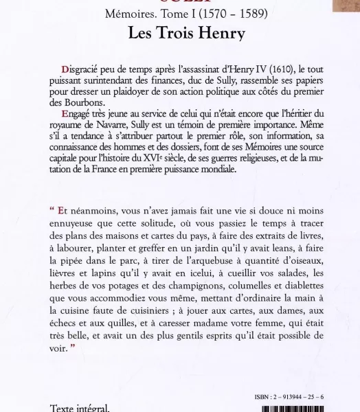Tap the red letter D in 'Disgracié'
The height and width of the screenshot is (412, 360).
[65, 69]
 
